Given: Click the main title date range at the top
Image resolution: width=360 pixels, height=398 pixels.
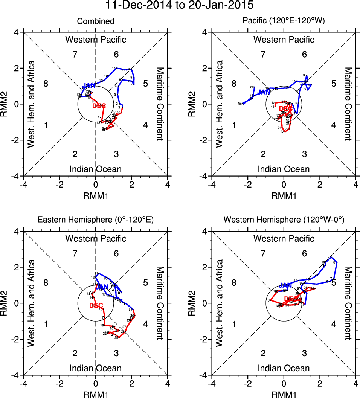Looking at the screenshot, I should (x=180, y=5).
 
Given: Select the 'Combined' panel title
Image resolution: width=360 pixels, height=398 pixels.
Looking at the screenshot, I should (x=96, y=21).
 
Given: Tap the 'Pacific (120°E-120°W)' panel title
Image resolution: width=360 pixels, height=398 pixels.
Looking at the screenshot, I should (x=284, y=21).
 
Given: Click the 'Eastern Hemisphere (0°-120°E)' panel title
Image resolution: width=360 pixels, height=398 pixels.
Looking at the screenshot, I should (x=96, y=221).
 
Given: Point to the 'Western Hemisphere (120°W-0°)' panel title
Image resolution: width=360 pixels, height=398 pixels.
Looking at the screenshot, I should (x=284, y=221).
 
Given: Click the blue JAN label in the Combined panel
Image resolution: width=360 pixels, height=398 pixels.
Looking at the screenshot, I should (x=90, y=86).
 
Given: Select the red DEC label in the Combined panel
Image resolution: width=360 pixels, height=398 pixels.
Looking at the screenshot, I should (x=99, y=106).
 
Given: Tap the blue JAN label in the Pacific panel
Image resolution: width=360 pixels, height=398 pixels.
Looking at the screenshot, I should (x=265, y=91).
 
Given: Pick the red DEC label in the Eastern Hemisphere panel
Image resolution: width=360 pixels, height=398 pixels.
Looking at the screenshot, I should (x=96, y=305).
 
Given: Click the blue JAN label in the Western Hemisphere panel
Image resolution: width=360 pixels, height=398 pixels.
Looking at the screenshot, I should (x=286, y=285).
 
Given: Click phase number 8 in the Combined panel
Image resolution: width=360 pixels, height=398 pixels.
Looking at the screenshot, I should (x=46, y=84).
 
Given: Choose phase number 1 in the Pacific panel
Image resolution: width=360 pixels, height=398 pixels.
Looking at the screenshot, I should (x=234, y=125).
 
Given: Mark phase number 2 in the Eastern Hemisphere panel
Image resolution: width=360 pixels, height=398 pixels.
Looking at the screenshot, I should (x=75, y=353).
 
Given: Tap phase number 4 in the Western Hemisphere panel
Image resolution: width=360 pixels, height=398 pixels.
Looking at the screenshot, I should (x=333, y=324).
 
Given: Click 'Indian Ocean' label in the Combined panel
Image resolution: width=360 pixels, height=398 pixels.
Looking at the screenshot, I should (x=96, y=169).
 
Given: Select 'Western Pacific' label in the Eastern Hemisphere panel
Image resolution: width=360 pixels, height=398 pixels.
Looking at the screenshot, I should (x=96, y=238).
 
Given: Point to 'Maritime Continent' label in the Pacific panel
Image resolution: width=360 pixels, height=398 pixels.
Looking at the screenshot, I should (x=348, y=104).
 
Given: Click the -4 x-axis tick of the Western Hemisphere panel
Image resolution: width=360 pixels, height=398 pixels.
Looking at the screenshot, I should (x=212, y=384).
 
